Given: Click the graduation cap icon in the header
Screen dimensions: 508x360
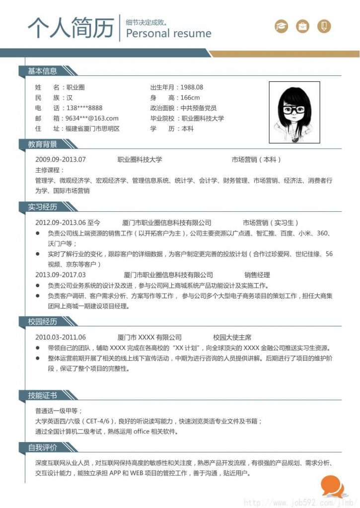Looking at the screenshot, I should pyautogui.click(x=282, y=26).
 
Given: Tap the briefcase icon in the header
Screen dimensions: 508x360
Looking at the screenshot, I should pyautogui.click(x=302, y=26).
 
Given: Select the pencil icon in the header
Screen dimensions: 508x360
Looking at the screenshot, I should pyautogui.click(x=324, y=26).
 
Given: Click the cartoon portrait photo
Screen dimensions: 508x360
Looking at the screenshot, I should pyautogui.click(x=294, y=112).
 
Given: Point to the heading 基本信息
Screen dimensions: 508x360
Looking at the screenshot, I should pyautogui.click(x=42, y=71).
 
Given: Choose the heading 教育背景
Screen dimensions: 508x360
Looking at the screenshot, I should pyautogui.click(x=42, y=144).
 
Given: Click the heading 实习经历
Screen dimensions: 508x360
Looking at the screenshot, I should pyautogui.click(x=42, y=207).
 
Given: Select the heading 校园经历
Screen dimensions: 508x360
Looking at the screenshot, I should pyautogui.click(x=42, y=322).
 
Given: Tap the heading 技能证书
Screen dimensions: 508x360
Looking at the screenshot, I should pyautogui.click(x=42, y=395).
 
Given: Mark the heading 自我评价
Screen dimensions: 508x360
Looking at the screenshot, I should pyautogui.click(x=42, y=447).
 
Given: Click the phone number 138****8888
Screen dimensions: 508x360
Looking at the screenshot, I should pyautogui.click(x=84, y=108).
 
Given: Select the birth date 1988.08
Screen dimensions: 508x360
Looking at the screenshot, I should pyautogui.click(x=192, y=87).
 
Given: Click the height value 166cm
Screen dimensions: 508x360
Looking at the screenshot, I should pyautogui.click(x=190, y=98).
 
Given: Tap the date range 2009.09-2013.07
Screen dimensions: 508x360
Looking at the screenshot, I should pyautogui.click(x=61, y=160).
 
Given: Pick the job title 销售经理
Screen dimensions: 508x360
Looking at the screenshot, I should pyautogui.click(x=257, y=275).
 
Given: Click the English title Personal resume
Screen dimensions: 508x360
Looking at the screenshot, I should pyautogui.click(x=169, y=34).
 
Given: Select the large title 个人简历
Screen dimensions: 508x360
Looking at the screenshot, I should pyautogui.click(x=71, y=28).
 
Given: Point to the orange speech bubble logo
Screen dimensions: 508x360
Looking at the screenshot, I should pyautogui.click(x=332, y=486).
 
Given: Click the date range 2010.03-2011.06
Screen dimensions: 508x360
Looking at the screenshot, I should pyautogui.click(x=61, y=337).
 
